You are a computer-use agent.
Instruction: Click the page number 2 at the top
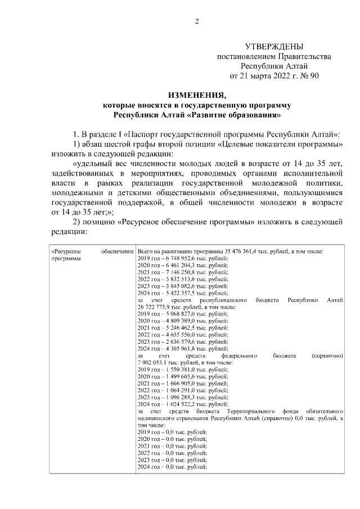pyautogui.click(x=197, y=22)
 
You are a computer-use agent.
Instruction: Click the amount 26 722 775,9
pyautogui.click(x=156, y=308)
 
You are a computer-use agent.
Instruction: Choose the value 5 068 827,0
pyautogui.click(x=177, y=315)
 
